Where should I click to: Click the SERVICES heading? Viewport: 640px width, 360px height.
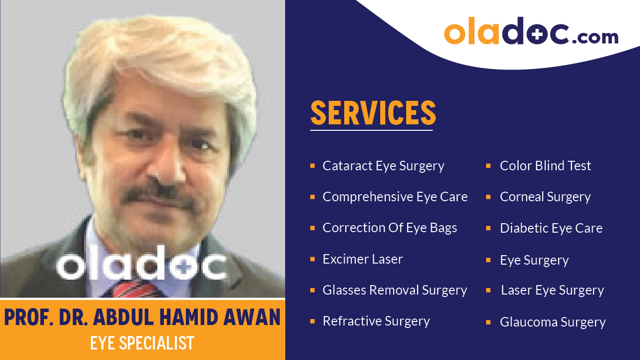(x=373, y=113)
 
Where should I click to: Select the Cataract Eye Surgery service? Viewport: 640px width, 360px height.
(x=383, y=166)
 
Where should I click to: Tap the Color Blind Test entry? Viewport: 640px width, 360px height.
(x=545, y=166)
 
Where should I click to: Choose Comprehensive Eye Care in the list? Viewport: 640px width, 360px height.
(x=395, y=197)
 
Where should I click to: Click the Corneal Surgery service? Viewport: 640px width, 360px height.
(x=545, y=197)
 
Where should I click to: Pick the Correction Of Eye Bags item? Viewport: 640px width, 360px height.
(x=390, y=228)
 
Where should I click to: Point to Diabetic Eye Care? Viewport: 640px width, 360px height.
(x=551, y=228)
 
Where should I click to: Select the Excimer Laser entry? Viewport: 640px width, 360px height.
(x=362, y=259)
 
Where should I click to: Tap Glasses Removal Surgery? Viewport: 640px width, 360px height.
(x=395, y=290)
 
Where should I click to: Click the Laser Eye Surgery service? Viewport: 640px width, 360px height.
(x=552, y=290)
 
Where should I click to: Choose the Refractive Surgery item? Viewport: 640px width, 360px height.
(x=376, y=321)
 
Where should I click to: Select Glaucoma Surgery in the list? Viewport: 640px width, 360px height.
(x=553, y=322)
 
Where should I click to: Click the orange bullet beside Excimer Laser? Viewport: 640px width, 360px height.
(x=312, y=259)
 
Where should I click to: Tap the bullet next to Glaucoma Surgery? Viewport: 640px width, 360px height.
(x=488, y=322)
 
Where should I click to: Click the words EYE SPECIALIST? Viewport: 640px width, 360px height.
(x=142, y=344)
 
